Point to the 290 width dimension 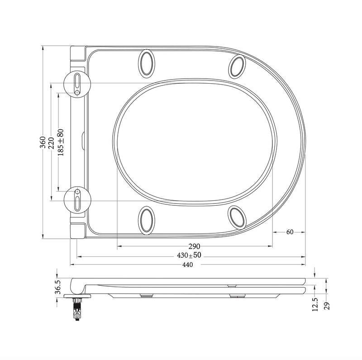[195, 246]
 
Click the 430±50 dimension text [189, 256]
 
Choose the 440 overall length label [188, 265]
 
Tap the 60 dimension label [290, 232]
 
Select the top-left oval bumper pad [147, 62]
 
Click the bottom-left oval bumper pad [147, 219]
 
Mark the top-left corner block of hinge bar [78, 54]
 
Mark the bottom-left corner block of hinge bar [78, 230]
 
